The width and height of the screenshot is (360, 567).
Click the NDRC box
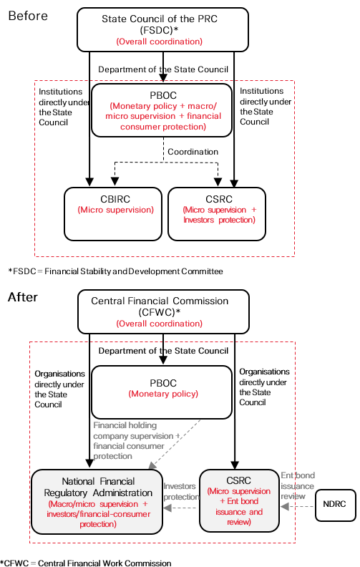click(336, 505)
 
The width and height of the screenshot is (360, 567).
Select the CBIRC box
click(113, 214)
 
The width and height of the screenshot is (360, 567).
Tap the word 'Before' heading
click(28, 16)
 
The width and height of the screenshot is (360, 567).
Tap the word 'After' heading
click(23, 297)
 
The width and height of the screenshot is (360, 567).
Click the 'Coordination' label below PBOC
click(193, 152)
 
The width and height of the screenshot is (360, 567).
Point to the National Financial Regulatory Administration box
click(97, 502)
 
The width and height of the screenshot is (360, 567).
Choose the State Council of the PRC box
click(162, 29)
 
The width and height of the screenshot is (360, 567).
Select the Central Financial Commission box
click(163, 311)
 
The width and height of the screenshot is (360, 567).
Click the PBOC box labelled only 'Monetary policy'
click(162, 392)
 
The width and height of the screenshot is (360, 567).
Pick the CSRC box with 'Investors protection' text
click(217, 214)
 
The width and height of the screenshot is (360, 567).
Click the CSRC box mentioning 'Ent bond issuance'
click(239, 501)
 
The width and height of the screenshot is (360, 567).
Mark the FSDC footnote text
click(116, 271)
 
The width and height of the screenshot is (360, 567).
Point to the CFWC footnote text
click(86, 563)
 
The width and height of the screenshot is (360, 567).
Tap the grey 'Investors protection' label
click(182, 491)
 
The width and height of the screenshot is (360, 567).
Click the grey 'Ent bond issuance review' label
click(298, 485)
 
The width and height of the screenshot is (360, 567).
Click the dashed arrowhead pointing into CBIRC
click(115, 181)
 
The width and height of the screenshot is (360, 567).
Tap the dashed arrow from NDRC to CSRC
click(298, 507)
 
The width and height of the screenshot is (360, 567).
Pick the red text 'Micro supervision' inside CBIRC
click(116, 210)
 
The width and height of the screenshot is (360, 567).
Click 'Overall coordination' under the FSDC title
click(160, 42)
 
